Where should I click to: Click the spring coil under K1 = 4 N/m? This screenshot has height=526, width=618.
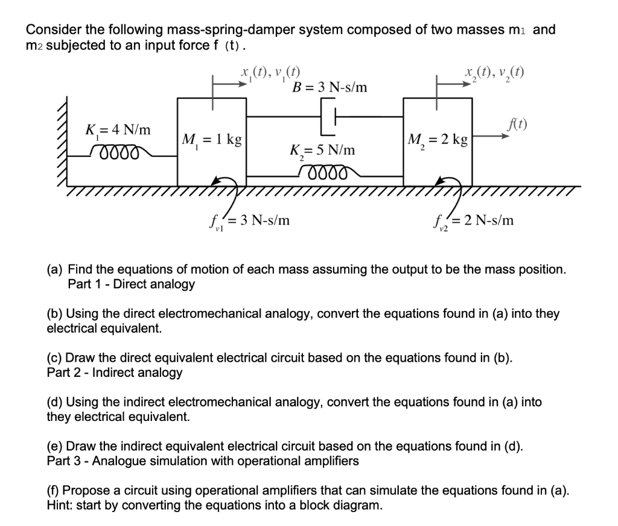pyautogui.click(x=113, y=151)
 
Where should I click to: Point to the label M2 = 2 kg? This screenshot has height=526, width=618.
pyautogui.click(x=438, y=140)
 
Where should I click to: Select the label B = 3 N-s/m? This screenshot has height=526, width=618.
pyautogui.click(x=329, y=88)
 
